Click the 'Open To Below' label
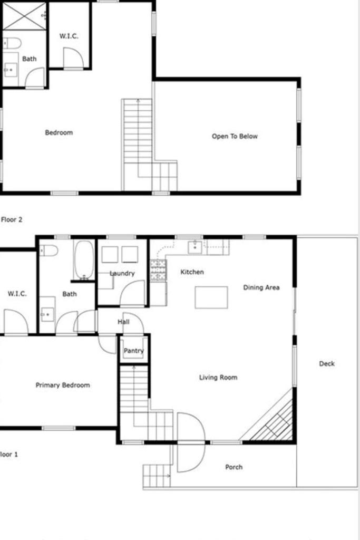click(235, 136)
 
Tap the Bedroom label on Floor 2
click(59, 132)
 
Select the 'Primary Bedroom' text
click(62, 385)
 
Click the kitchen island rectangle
click(211, 297)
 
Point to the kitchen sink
click(194, 246)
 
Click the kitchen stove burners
click(158, 271)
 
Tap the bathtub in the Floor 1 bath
click(84, 260)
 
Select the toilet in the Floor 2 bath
click(12, 43)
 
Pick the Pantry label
click(133, 351)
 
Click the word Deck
click(327, 363)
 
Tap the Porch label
click(234, 467)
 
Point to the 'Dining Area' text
click(261, 287)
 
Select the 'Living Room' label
click(218, 377)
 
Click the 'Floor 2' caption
click(11, 219)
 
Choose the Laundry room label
click(122, 273)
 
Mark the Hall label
click(123, 321)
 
